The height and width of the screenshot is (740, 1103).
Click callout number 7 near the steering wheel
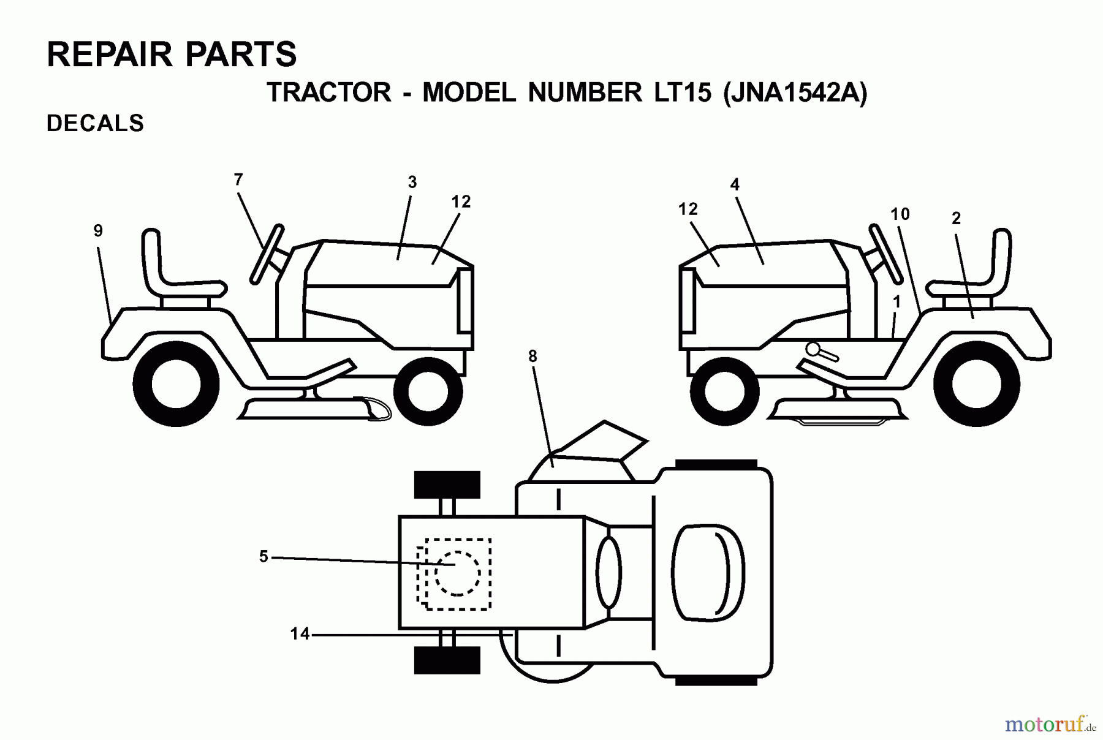coord(238,179)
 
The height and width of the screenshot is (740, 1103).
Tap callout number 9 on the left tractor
coord(98,231)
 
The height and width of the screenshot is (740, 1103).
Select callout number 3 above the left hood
coord(412,182)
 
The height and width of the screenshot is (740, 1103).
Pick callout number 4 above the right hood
coord(735,184)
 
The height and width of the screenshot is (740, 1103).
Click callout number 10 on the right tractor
coord(900,214)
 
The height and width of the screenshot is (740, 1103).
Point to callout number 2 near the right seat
coord(956,218)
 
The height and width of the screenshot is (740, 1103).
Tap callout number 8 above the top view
coord(532,357)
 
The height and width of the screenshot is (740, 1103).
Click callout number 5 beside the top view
coord(263,557)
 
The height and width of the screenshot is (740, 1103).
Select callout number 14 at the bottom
coord(300,634)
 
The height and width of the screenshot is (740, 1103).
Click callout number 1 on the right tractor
coord(897,302)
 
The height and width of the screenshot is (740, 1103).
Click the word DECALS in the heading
coord(95,124)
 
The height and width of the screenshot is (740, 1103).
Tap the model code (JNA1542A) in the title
coord(795,93)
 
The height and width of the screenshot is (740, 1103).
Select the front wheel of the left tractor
coord(428,390)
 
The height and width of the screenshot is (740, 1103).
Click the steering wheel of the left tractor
coord(267,254)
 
